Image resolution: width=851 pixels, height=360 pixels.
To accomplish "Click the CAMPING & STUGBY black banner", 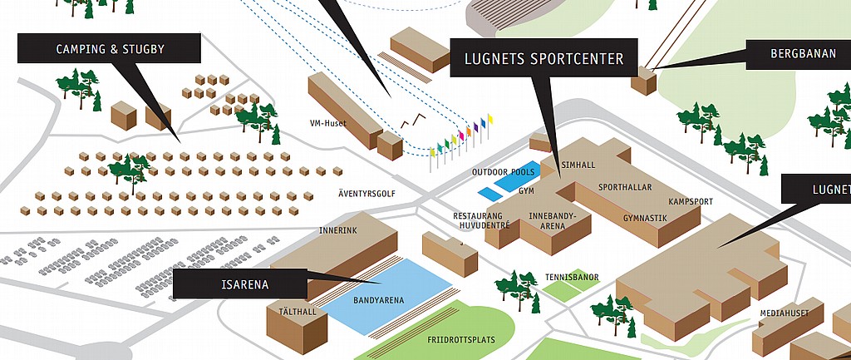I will (x=109, y=49).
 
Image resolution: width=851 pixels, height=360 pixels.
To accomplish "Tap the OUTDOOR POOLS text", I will (x=503, y=172).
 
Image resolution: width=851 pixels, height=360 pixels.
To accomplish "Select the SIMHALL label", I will (x=578, y=165).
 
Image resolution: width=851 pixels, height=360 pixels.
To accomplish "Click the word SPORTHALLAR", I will (x=625, y=187).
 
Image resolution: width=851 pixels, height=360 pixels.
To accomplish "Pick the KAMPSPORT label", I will (x=690, y=202).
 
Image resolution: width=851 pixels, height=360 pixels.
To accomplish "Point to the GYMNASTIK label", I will (x=646, y=218).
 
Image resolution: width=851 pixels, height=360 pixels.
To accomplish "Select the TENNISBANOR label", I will (x=572, y=277).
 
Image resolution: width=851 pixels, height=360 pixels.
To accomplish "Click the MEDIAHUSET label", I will (x=785, y=313).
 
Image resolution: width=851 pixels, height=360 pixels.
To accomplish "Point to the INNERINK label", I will (x=338, y=230).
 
